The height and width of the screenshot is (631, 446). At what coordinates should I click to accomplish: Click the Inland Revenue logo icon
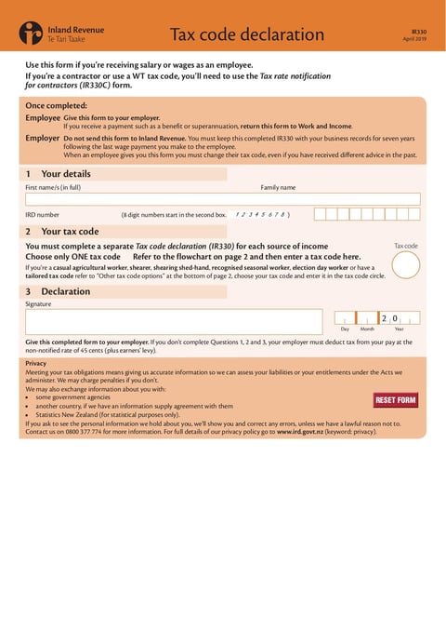31,35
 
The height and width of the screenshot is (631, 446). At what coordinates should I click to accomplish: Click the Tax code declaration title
246,35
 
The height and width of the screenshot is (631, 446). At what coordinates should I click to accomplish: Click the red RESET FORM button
395,400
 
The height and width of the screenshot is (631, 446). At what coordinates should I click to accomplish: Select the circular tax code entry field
406,265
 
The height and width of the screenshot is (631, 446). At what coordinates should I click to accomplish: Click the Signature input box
177,322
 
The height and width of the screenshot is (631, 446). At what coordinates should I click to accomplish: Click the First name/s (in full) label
53,187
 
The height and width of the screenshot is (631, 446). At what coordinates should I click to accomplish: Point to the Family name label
278,187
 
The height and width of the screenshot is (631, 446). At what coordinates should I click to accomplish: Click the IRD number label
43,214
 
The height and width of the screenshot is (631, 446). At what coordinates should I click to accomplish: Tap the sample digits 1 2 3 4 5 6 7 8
261,214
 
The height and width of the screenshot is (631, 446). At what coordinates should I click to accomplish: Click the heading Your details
65,174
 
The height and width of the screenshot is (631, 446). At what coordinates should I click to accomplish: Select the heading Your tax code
70,231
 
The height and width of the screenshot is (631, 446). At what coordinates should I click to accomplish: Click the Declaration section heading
66,291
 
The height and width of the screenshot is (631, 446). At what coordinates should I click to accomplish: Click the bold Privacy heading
36,363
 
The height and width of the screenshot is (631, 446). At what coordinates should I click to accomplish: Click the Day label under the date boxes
345,329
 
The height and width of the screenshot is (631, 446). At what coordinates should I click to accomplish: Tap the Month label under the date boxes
367,329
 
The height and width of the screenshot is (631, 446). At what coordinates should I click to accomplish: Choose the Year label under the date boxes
399,329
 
